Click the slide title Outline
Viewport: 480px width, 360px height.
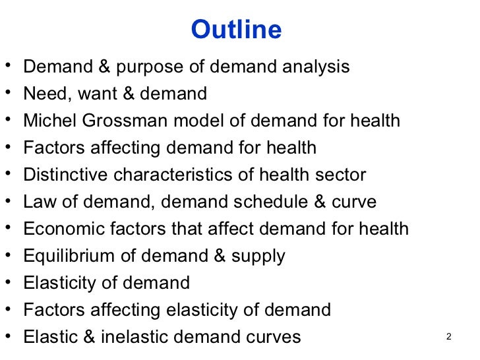pos(235,30)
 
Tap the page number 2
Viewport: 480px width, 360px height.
pos(448,338)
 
